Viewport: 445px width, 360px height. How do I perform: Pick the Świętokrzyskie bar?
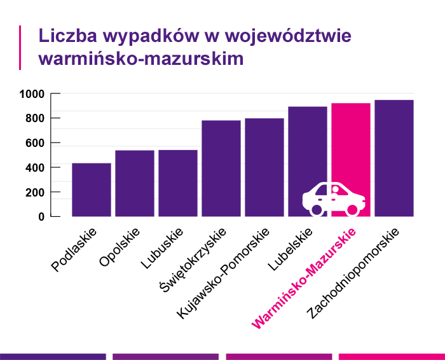(221, 168)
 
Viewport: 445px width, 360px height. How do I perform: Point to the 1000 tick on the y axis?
(32, 94)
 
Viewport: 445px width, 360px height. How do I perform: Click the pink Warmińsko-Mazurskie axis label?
(305, 279)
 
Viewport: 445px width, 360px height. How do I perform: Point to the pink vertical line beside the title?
(21, 47)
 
